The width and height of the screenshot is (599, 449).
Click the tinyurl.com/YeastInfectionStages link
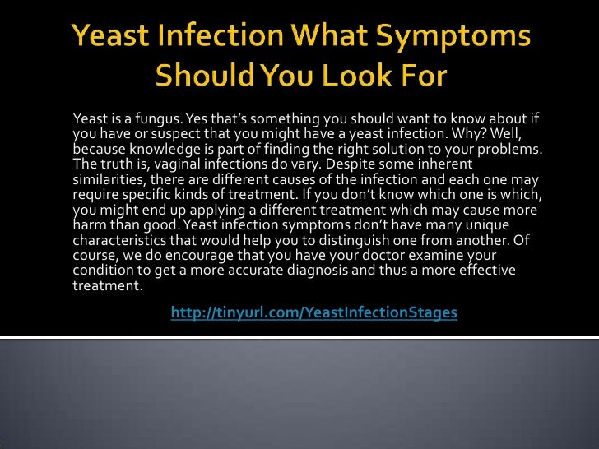click(x=313, y=312)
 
